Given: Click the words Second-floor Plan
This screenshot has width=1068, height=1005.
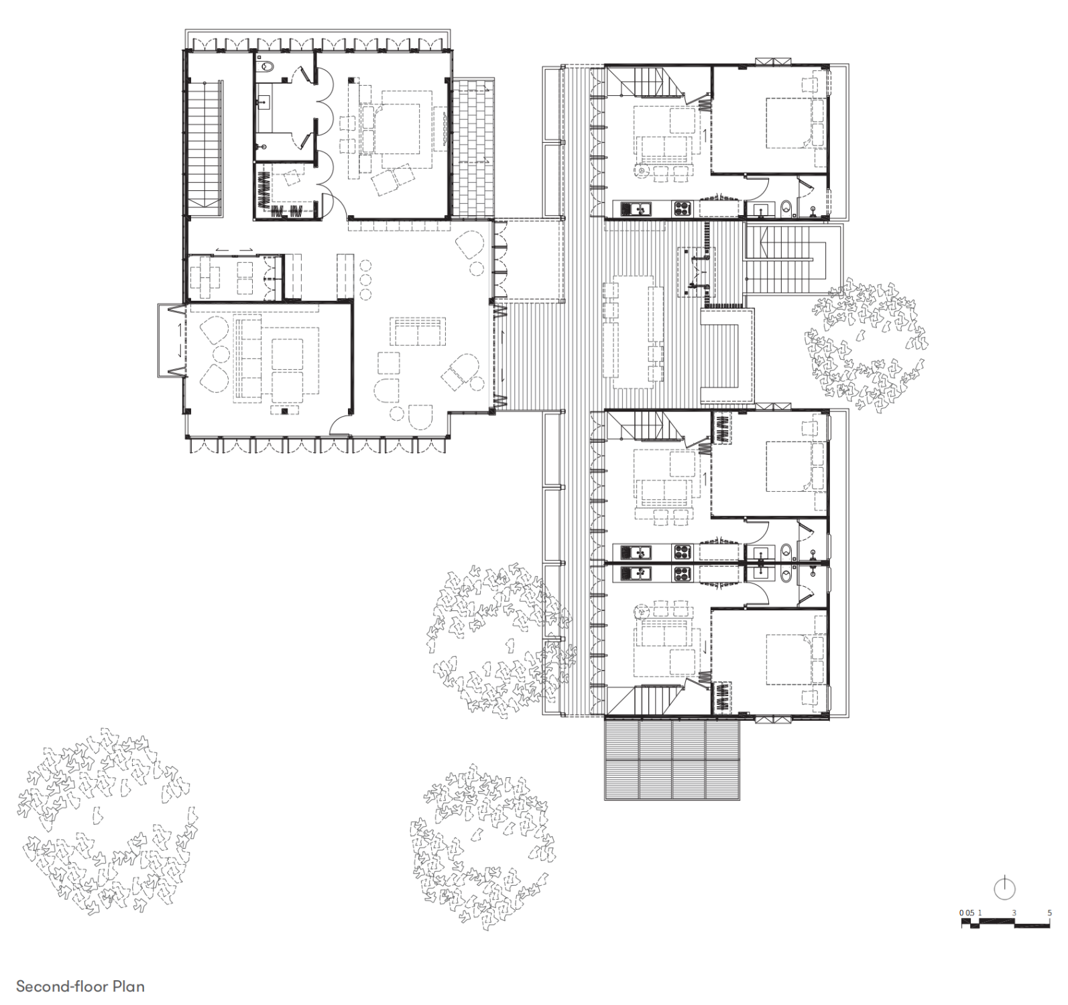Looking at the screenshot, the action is (80, 986).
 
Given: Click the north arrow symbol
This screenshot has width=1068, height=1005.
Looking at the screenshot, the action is (1004, 888).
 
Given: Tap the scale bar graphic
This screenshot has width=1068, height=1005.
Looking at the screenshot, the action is (1006, 923).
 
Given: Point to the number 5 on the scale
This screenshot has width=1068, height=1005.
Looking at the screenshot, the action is (1049, 913).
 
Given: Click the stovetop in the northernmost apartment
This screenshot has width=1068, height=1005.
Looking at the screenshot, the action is (682, 209).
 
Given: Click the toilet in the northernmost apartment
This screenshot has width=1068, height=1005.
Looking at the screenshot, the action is (787, 209).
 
